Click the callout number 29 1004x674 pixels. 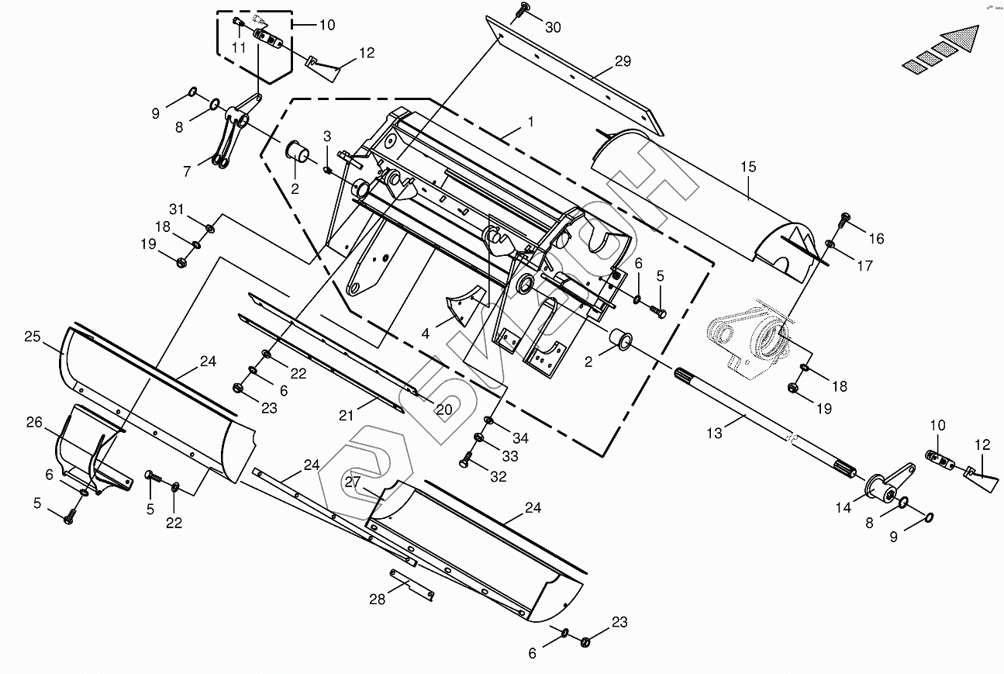[x=623, y=61]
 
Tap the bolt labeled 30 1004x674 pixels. [x=525, y=9]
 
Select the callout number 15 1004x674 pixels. [x=747, y=167]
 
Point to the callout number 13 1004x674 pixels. [x=715, y=434]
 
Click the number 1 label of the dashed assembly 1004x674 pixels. [x=530, y=122]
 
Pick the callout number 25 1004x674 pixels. [x=32, y=337]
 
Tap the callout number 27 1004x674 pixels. [x=353, y=481]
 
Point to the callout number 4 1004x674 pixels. [x=425, y=334]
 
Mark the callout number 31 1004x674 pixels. [x=178, y=209]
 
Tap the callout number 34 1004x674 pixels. [x=520, y=438]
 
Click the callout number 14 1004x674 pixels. [x=843, y=508]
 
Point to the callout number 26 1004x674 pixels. [x=34, y=422]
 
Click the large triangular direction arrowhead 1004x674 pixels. [x=962, y=38]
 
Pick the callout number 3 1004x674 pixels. [x=327, y=137]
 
